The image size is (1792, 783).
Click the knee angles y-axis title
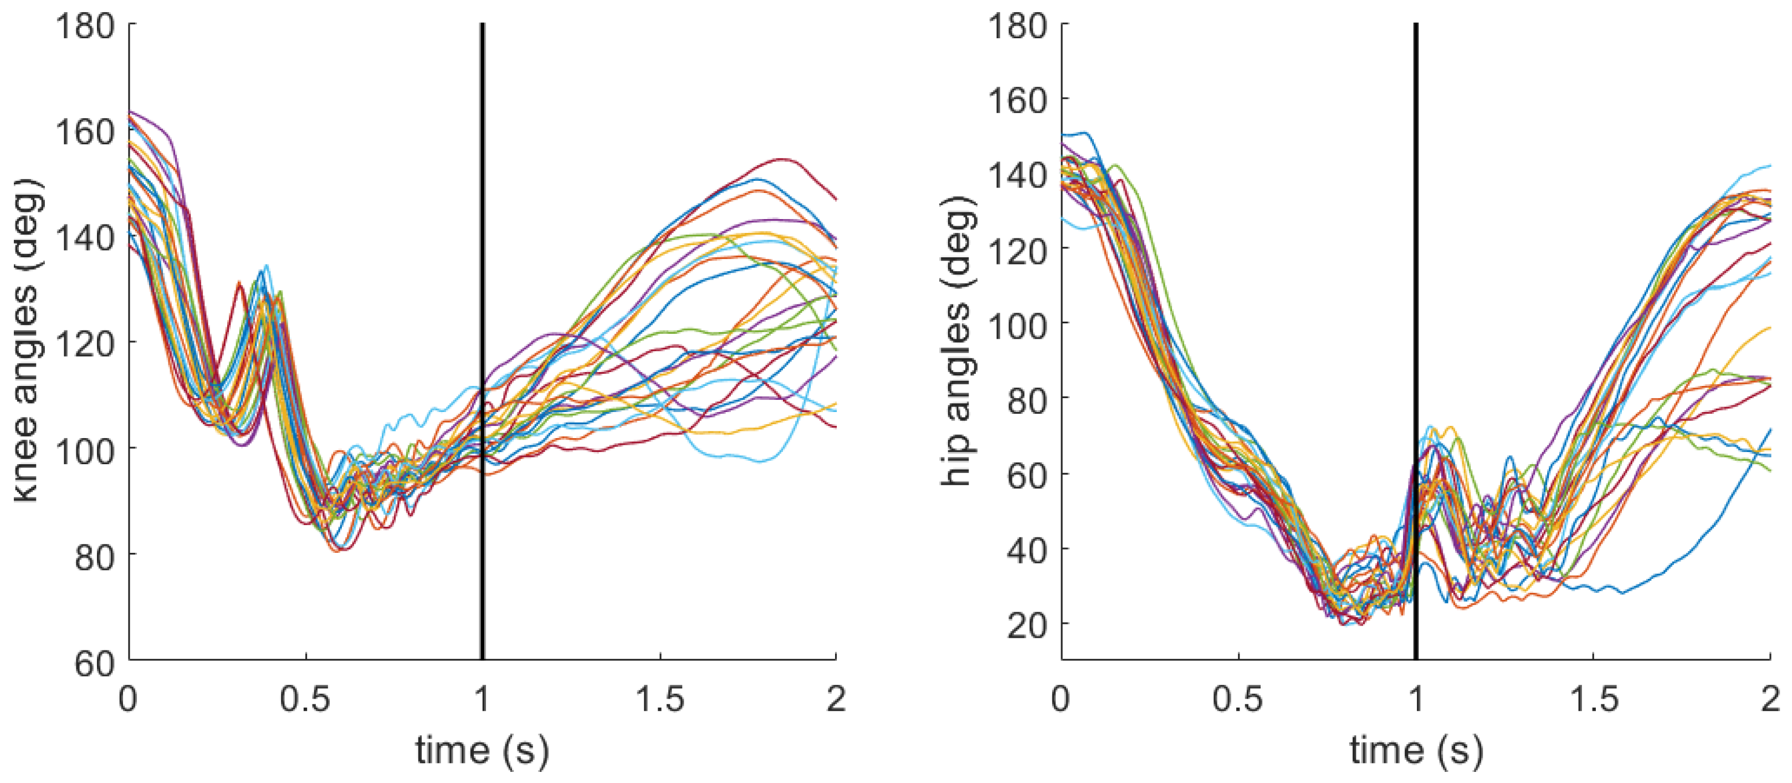click(28, 341)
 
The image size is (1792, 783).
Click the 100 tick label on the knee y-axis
click(85, 451)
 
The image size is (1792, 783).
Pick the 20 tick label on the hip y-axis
click(1027, 626)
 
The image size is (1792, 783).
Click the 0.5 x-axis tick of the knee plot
click(306, 698)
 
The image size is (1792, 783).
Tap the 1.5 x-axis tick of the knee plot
click(659, 698)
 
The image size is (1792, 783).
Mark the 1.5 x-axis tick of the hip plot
click(1593, 698)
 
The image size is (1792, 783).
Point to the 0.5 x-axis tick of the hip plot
click(1239, 698)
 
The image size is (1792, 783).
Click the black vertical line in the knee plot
click(482, 341)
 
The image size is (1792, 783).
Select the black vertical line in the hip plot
click(1416, 341)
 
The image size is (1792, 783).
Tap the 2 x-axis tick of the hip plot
click(1770, 698)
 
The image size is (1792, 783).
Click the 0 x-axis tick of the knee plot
click(129, 698)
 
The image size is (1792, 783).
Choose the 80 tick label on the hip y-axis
click(1027, 400)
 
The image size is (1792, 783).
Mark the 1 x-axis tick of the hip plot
click(1416, 698)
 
